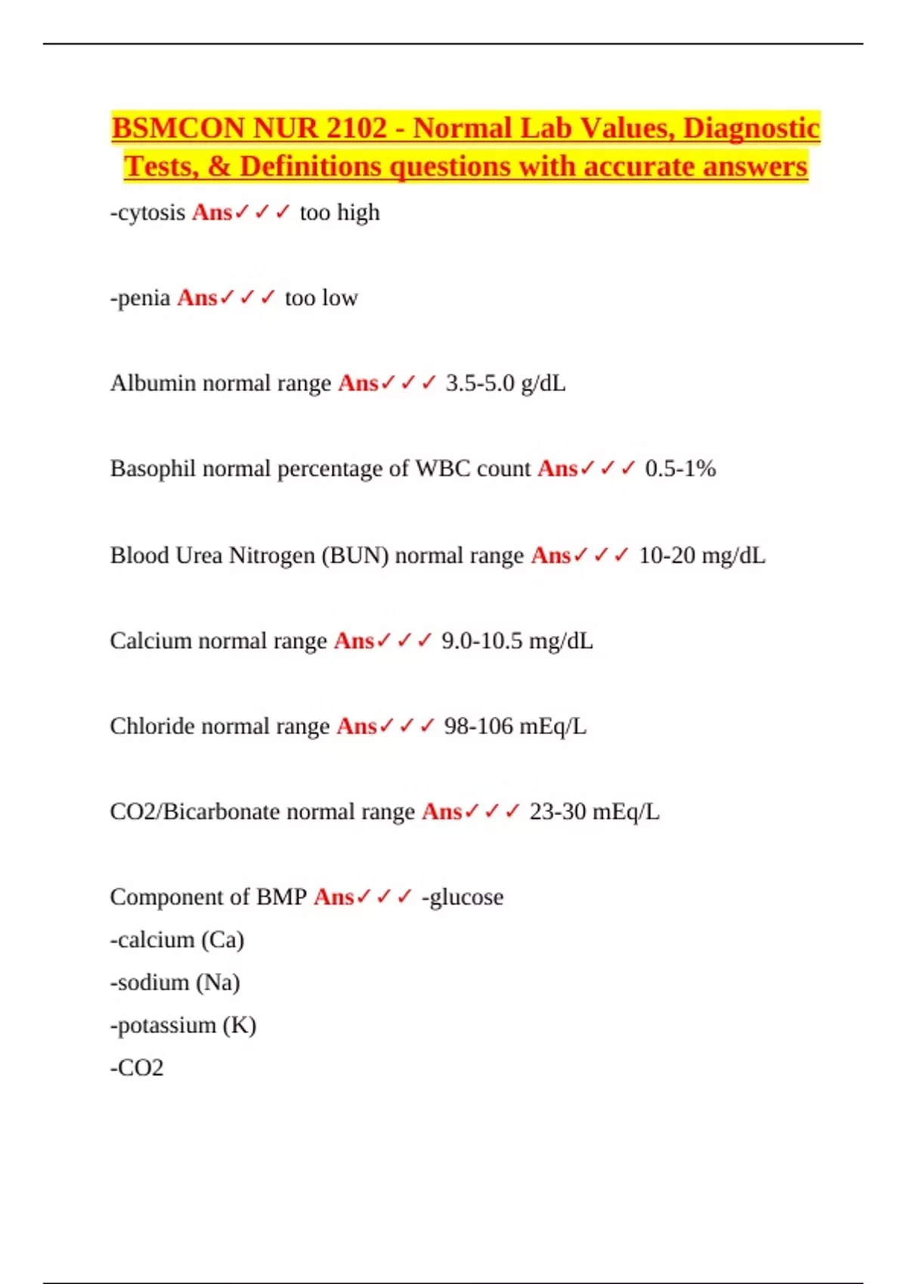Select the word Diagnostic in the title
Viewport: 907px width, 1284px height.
[751, 128]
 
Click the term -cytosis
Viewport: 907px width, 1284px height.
[147, 213]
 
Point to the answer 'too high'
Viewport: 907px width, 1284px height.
[339, 213]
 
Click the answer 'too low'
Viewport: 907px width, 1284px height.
[321, 298]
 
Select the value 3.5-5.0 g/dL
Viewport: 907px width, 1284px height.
[505, 384]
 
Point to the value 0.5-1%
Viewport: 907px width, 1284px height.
[680, 469]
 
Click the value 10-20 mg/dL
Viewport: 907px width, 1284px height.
[701, 556]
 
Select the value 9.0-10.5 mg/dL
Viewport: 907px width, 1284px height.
[517, 641]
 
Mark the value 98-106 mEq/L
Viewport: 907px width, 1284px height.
[515, 727]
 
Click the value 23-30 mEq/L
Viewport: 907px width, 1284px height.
[594, 812]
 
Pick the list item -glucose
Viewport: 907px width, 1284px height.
[463, 897]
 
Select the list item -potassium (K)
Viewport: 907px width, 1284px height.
[183, 1026]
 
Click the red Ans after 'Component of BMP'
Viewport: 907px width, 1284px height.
[333, 897]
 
